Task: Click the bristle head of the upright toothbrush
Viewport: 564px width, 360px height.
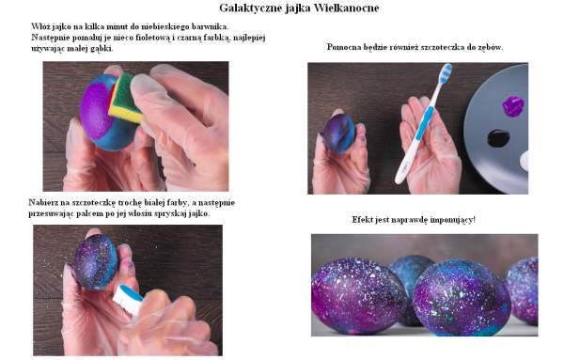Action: click(x=446, y=73)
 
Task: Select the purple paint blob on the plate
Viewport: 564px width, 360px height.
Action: click(x=513, y=106)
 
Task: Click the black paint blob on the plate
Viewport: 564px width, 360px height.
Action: click(x=498, y=138)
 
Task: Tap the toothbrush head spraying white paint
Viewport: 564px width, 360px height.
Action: click(x=127, y=298)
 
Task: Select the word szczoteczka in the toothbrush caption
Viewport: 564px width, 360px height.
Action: click(x=440, y=47)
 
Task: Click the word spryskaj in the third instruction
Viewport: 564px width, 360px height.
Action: click(x=174, y=213)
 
